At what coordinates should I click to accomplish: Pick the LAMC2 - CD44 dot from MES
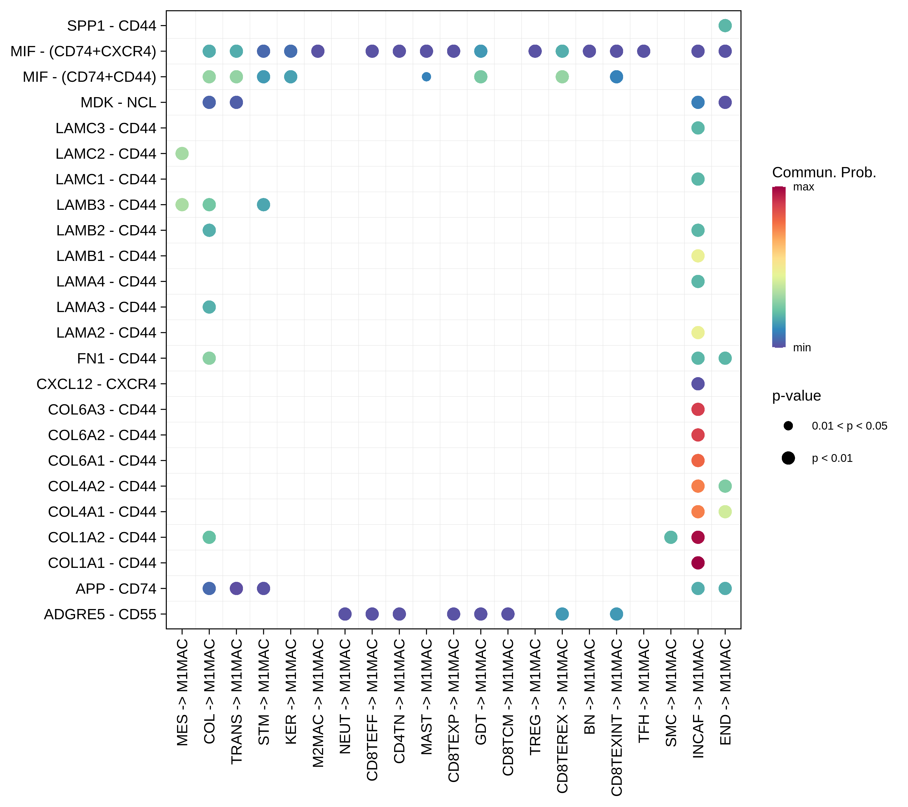(182, 154)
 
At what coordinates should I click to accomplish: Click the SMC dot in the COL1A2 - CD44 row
(670, 537)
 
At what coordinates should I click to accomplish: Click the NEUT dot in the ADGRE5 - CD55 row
(345, 614)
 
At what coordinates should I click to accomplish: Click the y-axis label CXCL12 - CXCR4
(96, 384)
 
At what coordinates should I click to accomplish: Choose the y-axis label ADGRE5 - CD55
(100, 614)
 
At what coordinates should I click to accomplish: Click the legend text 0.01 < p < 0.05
(849, 426)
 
